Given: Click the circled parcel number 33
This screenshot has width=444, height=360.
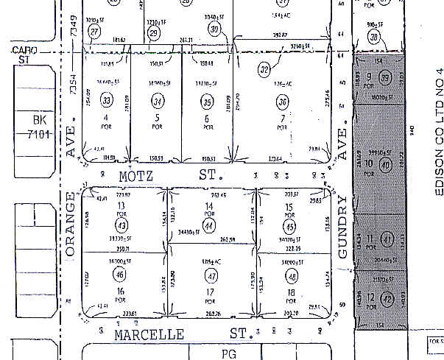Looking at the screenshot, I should click(108, 101).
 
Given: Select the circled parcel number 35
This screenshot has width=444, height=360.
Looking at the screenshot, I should click(207, 101).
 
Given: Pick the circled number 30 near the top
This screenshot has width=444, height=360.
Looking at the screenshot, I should click(215, 29).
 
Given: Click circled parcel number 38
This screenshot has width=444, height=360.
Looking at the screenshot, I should click(376, 38).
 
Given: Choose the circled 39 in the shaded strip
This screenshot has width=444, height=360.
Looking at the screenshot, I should click(385, 80).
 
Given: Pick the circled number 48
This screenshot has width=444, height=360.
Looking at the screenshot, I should click(292, 276).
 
